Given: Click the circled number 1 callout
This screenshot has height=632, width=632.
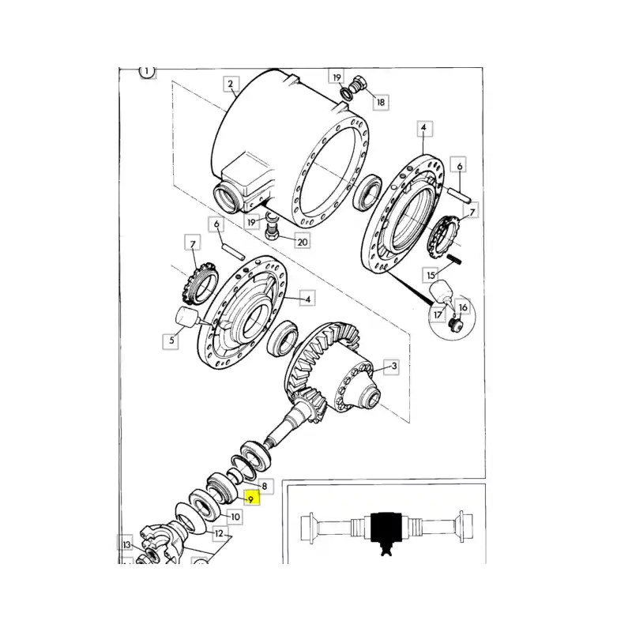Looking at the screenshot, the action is click(147, 72).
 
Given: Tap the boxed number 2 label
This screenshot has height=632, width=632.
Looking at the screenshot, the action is click(231, 84).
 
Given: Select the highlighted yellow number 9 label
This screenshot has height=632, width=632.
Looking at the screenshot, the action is click(251, 499).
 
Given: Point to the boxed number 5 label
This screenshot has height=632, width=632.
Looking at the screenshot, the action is click(171, 340).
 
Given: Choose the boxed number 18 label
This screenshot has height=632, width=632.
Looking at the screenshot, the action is click(380, 103).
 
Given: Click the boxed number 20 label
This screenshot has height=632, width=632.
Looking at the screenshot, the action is click(303, 242).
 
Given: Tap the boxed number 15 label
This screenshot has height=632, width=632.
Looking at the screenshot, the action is click(431, 275).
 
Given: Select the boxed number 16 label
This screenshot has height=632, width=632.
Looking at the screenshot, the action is click(463, 307).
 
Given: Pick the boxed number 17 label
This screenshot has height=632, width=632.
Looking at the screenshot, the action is click(438, 314).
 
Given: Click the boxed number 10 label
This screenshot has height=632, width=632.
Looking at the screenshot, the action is click(235, 517).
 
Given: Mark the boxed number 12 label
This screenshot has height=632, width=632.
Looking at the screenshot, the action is click(219, 534).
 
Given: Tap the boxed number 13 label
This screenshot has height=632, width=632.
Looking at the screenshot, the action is click(126, 544).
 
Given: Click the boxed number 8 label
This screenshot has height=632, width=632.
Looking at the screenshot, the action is click(265, 487).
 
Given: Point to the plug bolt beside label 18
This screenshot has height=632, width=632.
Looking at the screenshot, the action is click(358, 85).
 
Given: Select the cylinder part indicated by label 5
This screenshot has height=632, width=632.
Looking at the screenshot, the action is click(186, 315).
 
